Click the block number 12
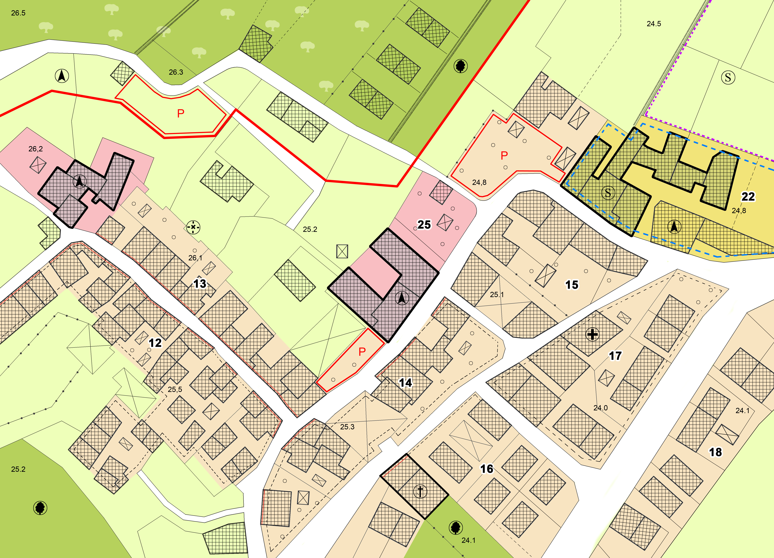click(155, 343)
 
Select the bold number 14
click(405, 383)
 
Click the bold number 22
click(748, 197)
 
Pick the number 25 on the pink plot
click(424, 225)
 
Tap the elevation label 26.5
click(18, 13)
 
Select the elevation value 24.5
click(654, 24)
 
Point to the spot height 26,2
click(36, 149)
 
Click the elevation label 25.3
click(347, 427)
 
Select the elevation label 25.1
click(496, 295)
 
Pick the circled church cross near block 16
click(420, 491)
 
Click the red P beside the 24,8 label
click(504, 156)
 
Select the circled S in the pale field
click(728, 78)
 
